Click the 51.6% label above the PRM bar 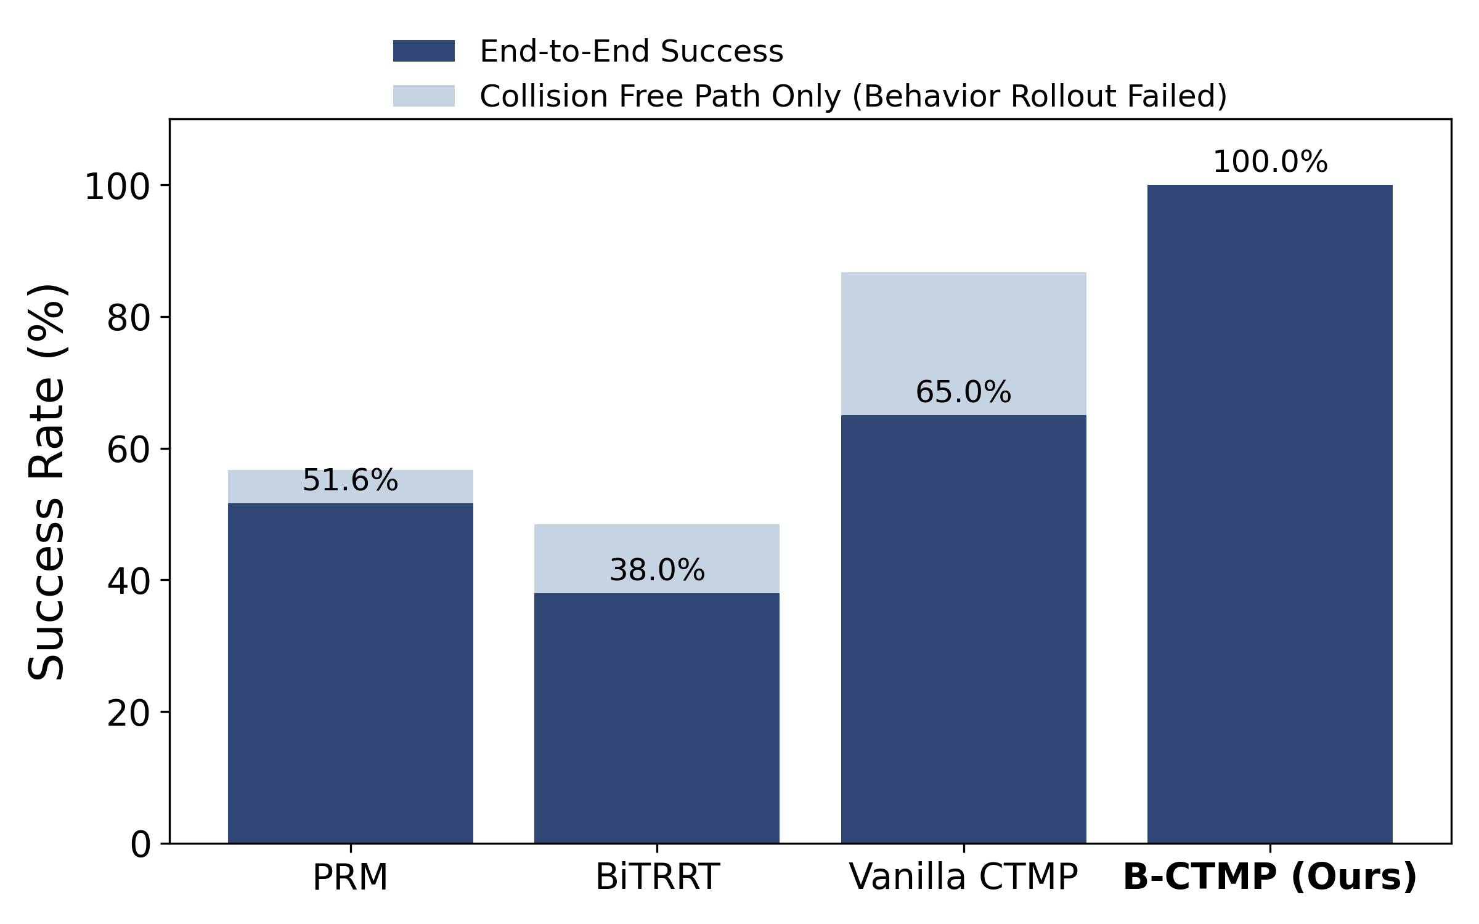(x=350, y=480)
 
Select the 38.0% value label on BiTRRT (x=657, y=570)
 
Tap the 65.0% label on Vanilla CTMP (x=963, y=392)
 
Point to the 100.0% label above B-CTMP (x=1270, y=162)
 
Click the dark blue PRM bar (x=350, y=671)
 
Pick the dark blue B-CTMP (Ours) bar (x=1270, y=511)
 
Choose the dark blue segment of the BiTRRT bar (x=657, y=718)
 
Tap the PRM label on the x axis (x=350, y=877)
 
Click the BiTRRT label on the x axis (x=657, y=877)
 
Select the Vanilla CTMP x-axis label (x=963, y=877)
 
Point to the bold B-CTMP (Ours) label (x=1270, y=877)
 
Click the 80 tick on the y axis (x=129, y=318)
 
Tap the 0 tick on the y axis (x=141, y=845)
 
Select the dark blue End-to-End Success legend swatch (x=424, y=51)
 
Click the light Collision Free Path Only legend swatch (x=424, y=96)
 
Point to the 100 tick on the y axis (x=117, y=187)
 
